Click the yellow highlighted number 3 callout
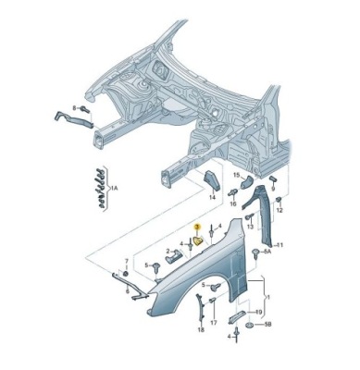[197, 228]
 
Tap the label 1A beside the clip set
[114, 187]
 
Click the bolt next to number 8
[84, 109]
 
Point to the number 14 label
[212, 198]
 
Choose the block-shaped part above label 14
[211, 181]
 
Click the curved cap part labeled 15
[246, 182]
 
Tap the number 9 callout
[273, 188]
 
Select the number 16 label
[233, 203]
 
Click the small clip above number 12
[279, 200]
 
